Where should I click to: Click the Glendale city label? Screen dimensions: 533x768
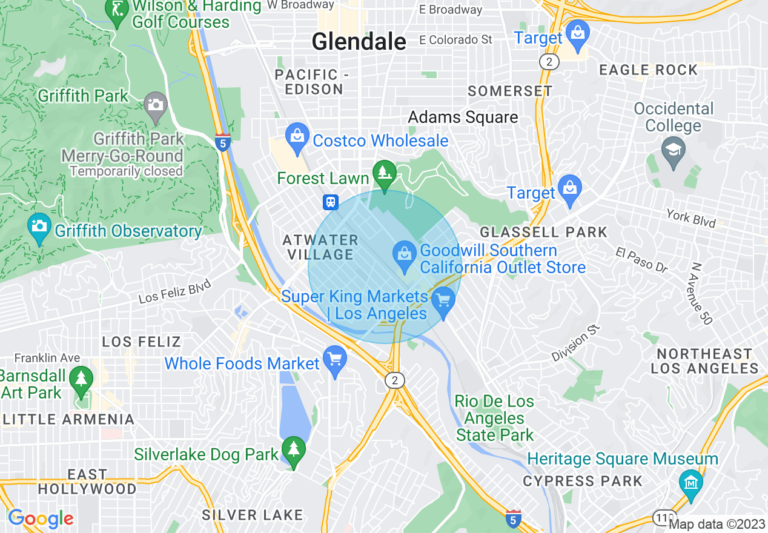point(359,42)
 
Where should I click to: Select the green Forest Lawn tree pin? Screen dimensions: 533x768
point(384,174)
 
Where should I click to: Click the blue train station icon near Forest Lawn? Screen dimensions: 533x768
point(331,202)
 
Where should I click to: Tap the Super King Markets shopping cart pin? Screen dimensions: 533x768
point(444,301)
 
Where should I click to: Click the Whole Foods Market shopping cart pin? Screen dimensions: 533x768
point(334,360)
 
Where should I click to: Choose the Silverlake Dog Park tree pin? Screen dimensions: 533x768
point(294,451)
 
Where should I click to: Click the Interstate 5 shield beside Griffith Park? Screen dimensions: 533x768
point(223,142)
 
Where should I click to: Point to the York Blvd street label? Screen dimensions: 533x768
point(690,218)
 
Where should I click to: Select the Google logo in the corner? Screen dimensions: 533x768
point(41,518)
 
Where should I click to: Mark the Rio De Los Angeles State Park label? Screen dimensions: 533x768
point(495,418)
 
